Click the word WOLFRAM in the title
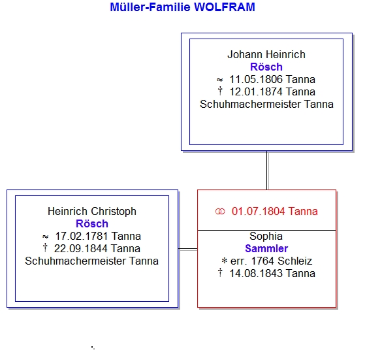point(225,7)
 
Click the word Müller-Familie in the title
point(150,7)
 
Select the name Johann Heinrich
point(266,55)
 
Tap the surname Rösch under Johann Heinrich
point(266,67)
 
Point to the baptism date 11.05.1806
point(256,80)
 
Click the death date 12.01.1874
point(256,91)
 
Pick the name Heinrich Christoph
point(92,212)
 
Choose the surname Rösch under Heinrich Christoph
point(92,224)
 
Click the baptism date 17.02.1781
point(82,236)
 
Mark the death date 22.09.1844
point(81,248)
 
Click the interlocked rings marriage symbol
point(220,212)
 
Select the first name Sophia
point(266,237)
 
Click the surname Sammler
point(266,249)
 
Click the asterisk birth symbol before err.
point(225,261)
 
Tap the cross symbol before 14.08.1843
point(220,272)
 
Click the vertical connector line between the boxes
point(267,171)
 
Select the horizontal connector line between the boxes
point(188,249)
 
